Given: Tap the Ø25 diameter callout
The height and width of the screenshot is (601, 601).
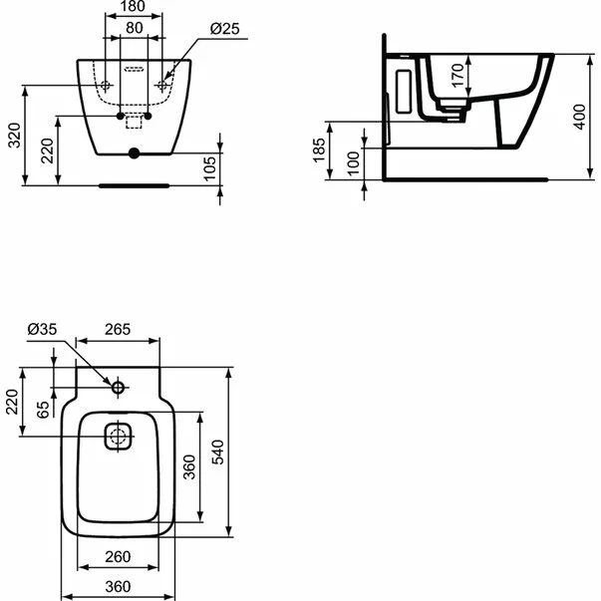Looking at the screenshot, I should click(x=226, y=30).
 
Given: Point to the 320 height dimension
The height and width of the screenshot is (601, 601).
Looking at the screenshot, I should click(x=12, y=135).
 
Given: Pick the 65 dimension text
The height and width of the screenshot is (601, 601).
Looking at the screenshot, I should click(x=42, y=410).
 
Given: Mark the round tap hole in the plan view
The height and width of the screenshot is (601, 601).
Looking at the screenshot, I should click(x=118, y=387).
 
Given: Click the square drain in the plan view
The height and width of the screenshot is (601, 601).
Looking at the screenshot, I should click(x=118, y=436).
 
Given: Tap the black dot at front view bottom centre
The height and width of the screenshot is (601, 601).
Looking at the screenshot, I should click(x=133, y=154).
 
